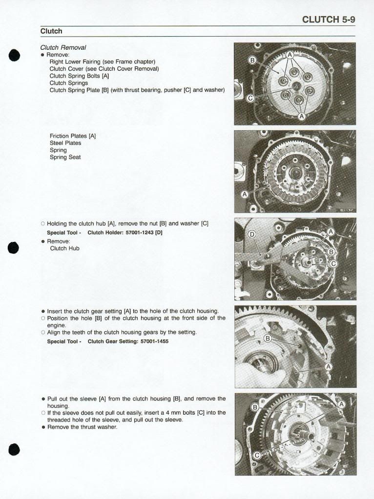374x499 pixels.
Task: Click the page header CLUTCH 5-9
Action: tap(328, 20)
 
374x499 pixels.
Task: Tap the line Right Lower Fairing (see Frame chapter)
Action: tap(102, 62)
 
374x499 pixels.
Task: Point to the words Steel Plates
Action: tap(65, 143)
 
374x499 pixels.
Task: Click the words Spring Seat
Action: tap(65, 158)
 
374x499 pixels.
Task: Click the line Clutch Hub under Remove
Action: tap(64, 248)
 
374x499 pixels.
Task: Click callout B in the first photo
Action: tap(253, 60)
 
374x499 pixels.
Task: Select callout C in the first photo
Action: tap(250, 98)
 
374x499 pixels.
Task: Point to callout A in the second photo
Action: tap(245, 194)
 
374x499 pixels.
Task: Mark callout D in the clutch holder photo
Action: tap(252, 235)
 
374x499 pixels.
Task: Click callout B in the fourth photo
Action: tap(268, 339)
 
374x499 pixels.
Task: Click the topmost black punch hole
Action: tap(14, 55)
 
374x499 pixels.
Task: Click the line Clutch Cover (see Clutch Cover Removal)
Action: tap(104, 69)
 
